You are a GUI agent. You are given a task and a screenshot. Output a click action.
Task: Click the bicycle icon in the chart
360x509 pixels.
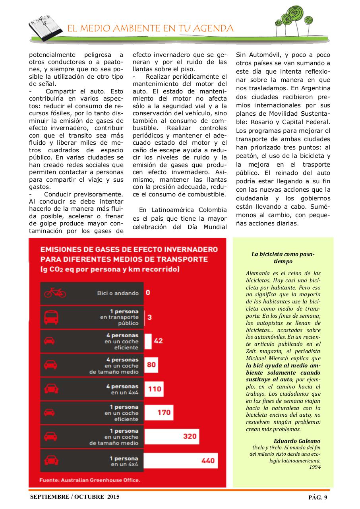[55, 293]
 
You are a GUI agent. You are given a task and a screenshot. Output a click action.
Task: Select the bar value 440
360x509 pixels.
[208, 460]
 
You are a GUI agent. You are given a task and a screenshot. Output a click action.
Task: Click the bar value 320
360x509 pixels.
[190, 436]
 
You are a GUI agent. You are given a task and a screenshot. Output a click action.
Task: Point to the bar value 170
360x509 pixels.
[164, 412]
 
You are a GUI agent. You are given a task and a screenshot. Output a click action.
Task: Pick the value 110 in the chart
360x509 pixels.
[155, 389]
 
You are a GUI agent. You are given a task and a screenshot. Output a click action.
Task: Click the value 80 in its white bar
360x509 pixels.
[151, 365]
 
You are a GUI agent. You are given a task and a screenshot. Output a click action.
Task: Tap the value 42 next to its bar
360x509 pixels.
[158, 341]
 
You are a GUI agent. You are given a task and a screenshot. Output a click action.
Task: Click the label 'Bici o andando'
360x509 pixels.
[118, 293]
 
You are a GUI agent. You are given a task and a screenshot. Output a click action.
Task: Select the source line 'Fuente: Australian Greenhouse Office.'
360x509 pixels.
[90, 480]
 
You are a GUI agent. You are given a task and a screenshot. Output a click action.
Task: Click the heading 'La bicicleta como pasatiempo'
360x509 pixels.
[283, 258]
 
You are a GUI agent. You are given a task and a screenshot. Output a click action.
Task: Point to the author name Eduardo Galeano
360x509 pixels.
[297, 441]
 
